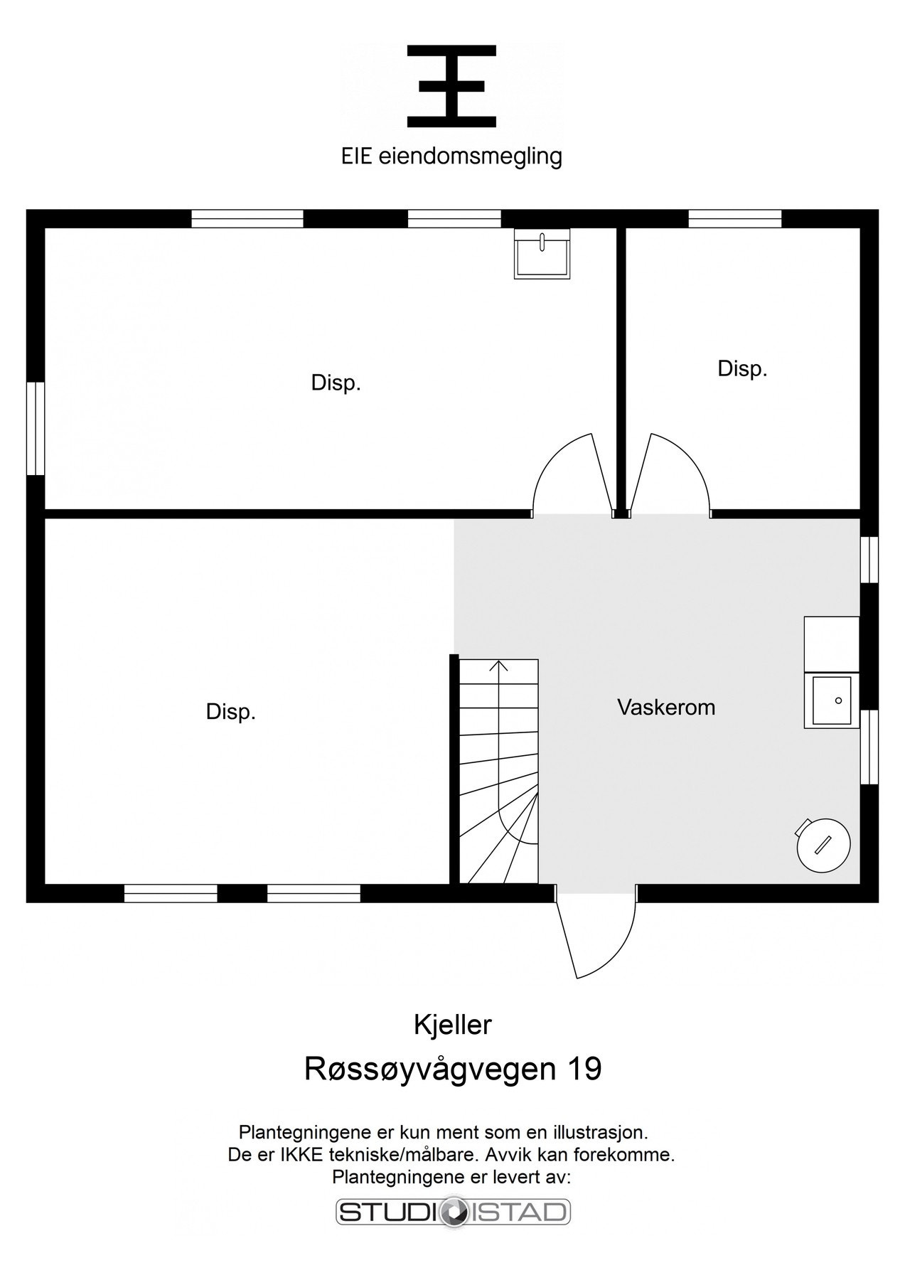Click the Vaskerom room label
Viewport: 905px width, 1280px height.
[x=666, y=708]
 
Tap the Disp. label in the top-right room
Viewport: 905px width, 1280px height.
[x=742, y=369]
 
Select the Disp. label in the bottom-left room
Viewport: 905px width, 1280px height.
[x=230, y=712]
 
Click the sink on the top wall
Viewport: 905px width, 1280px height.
[x=542, y=254]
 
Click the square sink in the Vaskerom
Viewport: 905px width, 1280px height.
[x=832, y=700]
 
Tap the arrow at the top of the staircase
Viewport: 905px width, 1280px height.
[x=499, y=666]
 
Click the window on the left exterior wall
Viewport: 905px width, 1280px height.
[x=35, y=428]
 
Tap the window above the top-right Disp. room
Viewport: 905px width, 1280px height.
[x=735, y=218]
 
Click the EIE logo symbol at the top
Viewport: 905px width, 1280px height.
[x=451, y=86]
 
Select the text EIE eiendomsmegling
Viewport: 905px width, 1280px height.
[x=451, y=156]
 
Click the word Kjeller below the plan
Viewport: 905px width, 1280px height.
[x=453, y=1025]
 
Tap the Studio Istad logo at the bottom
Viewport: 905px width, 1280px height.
[x=453, y=1212]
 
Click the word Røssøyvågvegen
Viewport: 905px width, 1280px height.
[x=430, y=1069]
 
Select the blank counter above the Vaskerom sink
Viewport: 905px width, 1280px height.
[x=832, y=644]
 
